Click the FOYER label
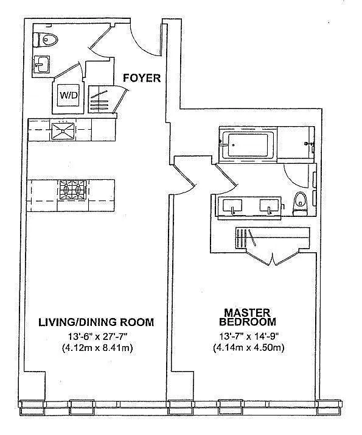pos(142,78)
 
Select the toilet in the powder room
pos(45,40)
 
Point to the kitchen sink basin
pos(63,131)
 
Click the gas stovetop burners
pos(72,189)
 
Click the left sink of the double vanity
pos(232,205)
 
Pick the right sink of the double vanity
pos(269,205)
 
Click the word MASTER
pos(247,313)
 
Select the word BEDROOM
pos(248,322)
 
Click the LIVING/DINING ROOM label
pos(96,322)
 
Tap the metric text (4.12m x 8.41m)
pos(97,348)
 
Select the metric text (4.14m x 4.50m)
pos(249,348)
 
